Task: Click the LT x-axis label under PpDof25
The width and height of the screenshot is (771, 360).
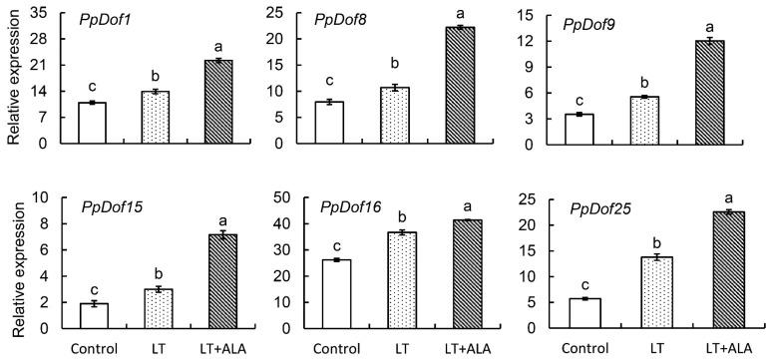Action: (666, 348)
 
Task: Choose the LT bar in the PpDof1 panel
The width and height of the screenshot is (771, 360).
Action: (154, 117)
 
